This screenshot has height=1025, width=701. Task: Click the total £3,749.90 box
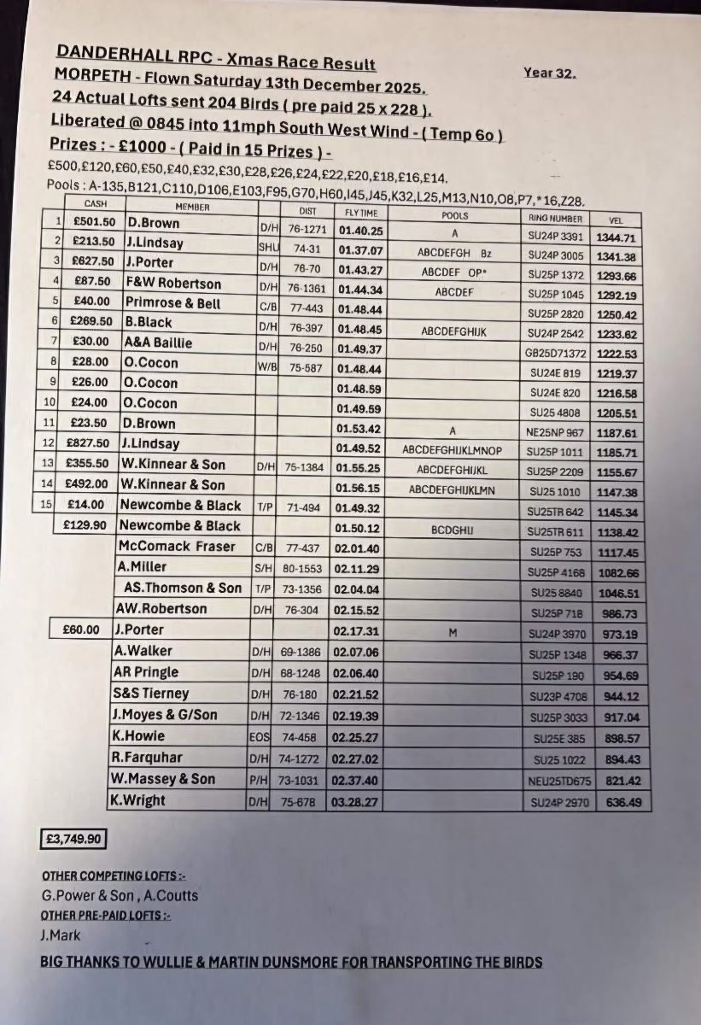click(73, 840)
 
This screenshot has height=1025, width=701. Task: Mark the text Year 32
click(549, 73)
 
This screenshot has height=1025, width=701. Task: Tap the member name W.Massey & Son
click(163, 779)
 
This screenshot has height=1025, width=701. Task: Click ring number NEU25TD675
click(558, 781)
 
